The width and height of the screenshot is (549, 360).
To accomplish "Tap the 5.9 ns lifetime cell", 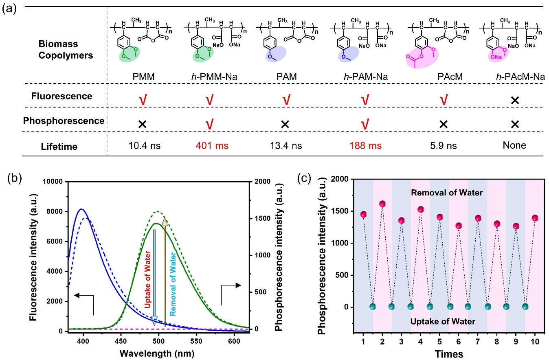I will point(443,145).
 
